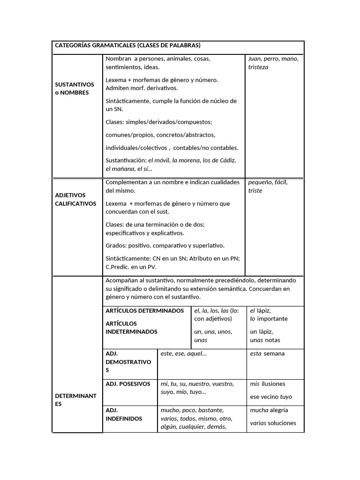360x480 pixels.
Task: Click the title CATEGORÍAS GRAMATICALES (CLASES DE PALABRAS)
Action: pos(127,45)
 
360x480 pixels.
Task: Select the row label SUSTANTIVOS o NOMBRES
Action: pos(75,89)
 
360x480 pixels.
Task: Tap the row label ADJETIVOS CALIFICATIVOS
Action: pos(75,199)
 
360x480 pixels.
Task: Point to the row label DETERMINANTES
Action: pos(75,400)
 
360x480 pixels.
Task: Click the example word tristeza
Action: pos(258,67)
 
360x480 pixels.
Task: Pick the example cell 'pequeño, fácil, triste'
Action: pos(268,187)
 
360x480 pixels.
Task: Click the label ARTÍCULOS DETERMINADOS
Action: pos(145,311)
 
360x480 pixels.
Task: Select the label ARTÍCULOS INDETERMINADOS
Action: pos(132,328)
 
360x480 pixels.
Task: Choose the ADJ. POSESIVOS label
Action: pos(128,384)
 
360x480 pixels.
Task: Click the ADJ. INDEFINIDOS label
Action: pos(124,414)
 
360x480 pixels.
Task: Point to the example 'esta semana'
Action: pos(267,354)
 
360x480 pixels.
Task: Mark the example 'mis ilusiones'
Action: pos(268,384)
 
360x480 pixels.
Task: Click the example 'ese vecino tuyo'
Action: pos(271,397)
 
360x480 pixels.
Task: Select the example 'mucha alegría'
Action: pos(269,410)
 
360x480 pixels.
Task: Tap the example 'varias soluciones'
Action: pos(273,423)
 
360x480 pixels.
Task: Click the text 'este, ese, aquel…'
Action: pos(184,354)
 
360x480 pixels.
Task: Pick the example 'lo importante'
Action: pos(269,319)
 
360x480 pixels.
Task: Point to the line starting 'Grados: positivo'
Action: pos(165,246)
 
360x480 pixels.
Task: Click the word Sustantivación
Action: pos(126,160)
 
